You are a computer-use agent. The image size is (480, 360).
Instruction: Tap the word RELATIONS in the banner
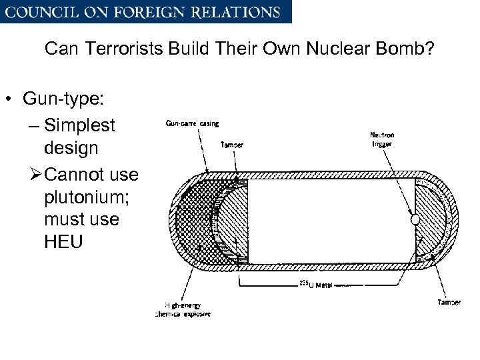point(241,12)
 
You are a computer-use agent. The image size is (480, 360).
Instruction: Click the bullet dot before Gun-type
point(10,100)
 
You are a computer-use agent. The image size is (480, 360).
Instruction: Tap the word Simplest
point(79,125)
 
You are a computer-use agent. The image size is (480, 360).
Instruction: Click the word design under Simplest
point(71,148)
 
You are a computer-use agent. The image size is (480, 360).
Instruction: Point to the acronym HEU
point(63,241)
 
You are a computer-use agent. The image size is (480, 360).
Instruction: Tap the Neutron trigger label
point(382,139)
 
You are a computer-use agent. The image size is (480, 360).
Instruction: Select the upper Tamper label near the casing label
point(231,145)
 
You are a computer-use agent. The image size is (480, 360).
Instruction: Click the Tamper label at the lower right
point(449,303)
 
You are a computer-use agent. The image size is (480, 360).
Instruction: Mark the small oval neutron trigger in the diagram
point(415,219)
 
